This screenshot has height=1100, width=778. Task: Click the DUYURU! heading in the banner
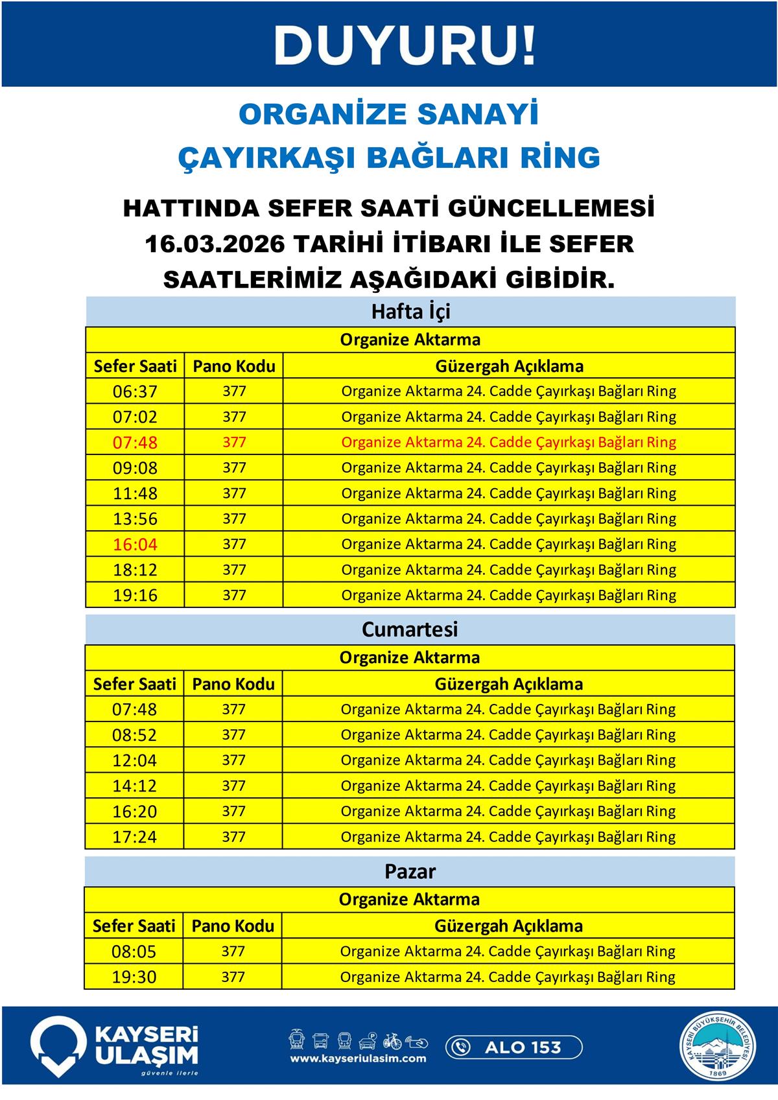[406, 45]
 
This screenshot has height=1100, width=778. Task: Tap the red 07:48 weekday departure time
[135, 443]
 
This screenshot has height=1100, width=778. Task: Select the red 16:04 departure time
[135, 544]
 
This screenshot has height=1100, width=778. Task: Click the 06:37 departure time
[135, 392]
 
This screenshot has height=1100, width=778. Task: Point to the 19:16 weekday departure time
[135, 595]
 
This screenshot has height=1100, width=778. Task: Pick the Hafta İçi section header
[410, 312]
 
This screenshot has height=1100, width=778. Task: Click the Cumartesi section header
[410, 629]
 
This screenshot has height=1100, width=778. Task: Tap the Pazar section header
[410, 871]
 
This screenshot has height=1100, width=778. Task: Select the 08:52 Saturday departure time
[134, 735]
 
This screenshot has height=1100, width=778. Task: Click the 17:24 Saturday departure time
[134, 837]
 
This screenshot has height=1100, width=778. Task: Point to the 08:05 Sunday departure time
[134, 952]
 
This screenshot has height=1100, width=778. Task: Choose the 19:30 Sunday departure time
[134, 977]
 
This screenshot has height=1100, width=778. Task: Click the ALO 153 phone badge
[513, 1047]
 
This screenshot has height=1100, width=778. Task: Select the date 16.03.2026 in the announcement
[214, 244]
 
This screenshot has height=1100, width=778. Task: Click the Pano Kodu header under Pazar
[233, 926]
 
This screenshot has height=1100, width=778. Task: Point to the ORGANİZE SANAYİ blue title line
[389, 115]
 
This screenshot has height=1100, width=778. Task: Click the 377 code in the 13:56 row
[234, 519]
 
